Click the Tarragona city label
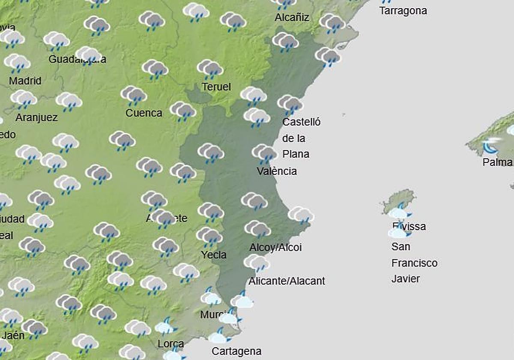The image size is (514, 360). (x=403, y=11)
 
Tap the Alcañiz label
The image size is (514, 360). (x=292, y=18)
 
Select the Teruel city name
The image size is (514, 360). (x=216, y=87)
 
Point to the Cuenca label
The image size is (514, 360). (x=144, y=113)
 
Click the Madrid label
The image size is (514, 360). (x=25, y=81)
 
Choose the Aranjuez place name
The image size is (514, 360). (x=36, y=117)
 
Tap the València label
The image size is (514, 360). (x=277, y=171)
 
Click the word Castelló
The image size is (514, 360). (x=301, y=122)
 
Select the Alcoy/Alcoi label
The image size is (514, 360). (x=275, y=248)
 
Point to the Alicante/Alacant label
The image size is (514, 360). (x=287, y=281)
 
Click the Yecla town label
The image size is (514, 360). (x=214, y=255)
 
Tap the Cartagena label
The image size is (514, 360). (x=236, y=352)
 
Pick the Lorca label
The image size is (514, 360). (x=171, y=344)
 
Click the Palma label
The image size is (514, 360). (x=497, y=162)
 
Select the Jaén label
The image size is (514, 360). (x=13, y=335)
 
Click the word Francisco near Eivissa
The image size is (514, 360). (x=414, y=263)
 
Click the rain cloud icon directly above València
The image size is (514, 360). (x=264, y=153)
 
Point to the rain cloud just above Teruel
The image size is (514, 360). (x=210, y=69)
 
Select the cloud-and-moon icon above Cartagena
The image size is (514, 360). (x=220, y=335)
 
